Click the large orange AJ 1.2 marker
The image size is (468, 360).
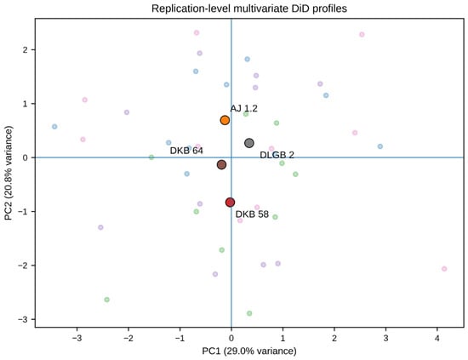225,120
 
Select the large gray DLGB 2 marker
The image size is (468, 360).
249,143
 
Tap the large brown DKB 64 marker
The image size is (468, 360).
221,164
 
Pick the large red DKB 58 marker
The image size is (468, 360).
230,203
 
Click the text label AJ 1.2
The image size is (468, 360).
244,108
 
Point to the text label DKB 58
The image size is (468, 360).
252,214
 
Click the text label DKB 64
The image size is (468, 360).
186,151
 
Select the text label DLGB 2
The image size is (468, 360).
277,155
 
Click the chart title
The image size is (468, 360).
249,9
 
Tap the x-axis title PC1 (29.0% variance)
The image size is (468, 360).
249,351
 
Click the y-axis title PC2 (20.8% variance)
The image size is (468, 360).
9,173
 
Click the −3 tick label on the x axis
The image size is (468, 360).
77,339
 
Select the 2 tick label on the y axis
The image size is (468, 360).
25,50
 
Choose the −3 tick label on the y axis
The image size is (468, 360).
22,319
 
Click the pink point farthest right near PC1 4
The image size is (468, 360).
444,269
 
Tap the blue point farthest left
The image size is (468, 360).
54,127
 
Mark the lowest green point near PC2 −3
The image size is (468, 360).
249,313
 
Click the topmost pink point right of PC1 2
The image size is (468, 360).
362,35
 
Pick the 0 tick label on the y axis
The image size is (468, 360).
25,157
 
